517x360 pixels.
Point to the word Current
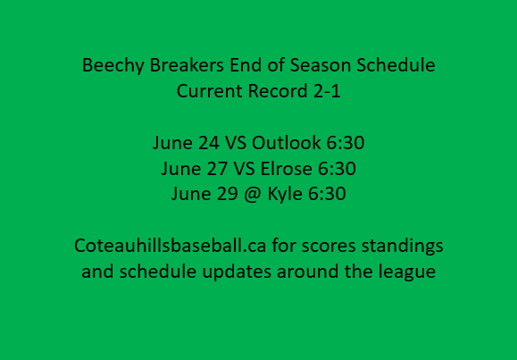207,91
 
